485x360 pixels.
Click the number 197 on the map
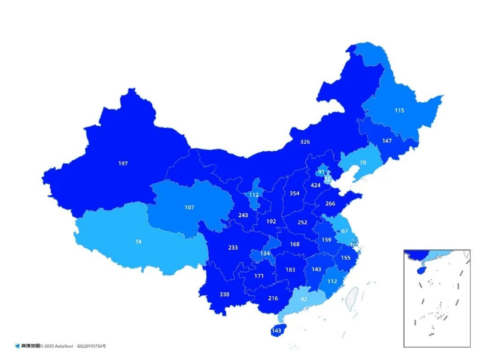coord(123,163)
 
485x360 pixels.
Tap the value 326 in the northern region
coord(305,142)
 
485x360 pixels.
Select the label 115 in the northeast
coord(399,110)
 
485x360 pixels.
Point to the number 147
coord(387,140)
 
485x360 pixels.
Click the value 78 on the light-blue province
coord(363,162)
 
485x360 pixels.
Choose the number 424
coord(316,185)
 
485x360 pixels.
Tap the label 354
coord(294,193)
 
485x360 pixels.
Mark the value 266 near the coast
coord(330,203)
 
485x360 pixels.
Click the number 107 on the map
coord(189,207)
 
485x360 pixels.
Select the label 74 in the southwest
coord(138,241)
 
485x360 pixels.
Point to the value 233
coord(233,247)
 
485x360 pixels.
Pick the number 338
coord(224,294)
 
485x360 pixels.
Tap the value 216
coord(273,298)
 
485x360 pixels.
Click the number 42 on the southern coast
coord(304,299)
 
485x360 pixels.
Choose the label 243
coord(243,215)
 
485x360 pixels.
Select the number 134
coord(265,254)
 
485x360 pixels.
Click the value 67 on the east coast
coord(344,231)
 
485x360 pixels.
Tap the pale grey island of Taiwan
coord(353,299)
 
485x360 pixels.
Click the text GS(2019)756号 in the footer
coord(92,346)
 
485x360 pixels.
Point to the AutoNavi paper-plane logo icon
coord(17,346)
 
